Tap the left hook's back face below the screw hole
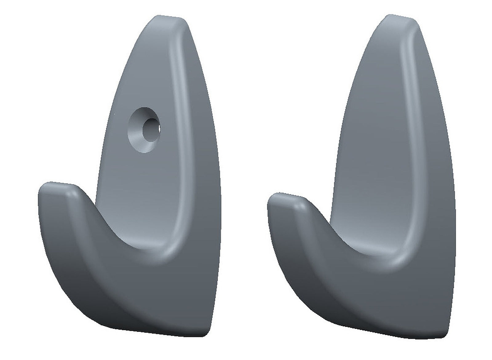click(138, 184)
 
